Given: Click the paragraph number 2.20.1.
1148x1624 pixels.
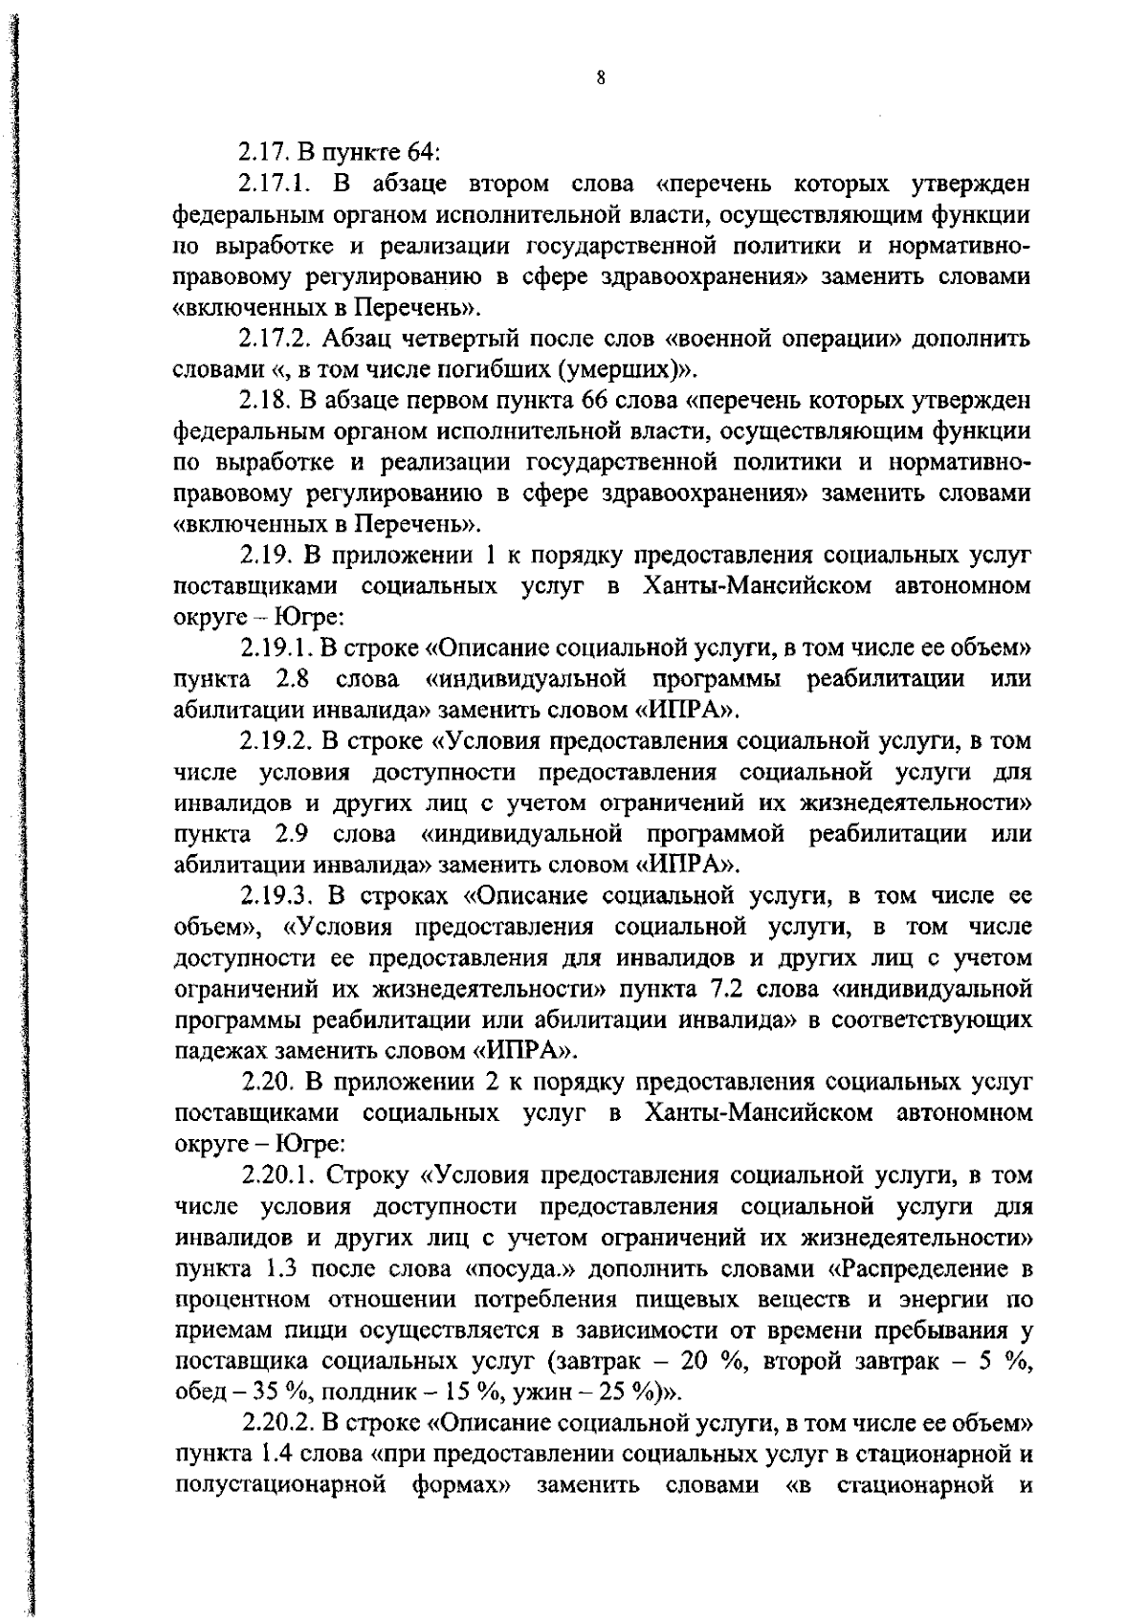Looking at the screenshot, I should [279, 1175].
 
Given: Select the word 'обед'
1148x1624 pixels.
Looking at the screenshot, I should [198, 1393].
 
